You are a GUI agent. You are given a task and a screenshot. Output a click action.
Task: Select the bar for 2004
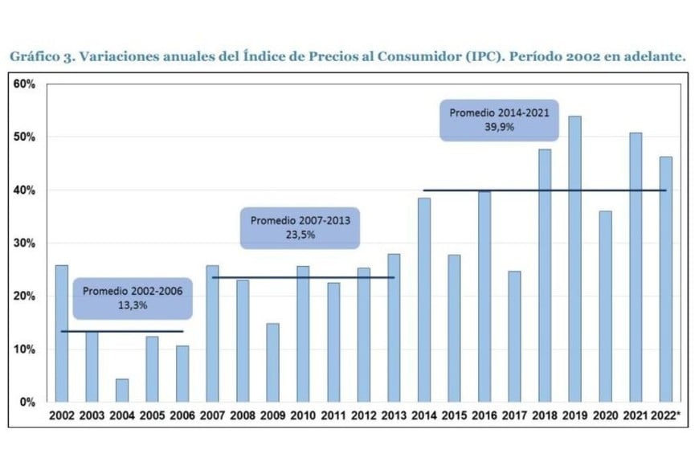(122, 390)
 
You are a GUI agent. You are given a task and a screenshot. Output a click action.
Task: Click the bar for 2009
(273, 362)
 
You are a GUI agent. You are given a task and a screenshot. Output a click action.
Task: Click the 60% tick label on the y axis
(25, 84)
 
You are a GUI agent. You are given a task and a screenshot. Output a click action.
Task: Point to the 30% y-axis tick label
(25, 243)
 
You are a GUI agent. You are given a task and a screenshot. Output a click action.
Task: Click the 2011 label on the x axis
(333, 416)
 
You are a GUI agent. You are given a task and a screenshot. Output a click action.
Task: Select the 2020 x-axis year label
(605, 416)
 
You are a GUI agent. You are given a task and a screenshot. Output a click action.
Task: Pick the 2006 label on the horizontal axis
(182, 416)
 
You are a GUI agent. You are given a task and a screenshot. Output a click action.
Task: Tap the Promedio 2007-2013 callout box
(300, 227)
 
